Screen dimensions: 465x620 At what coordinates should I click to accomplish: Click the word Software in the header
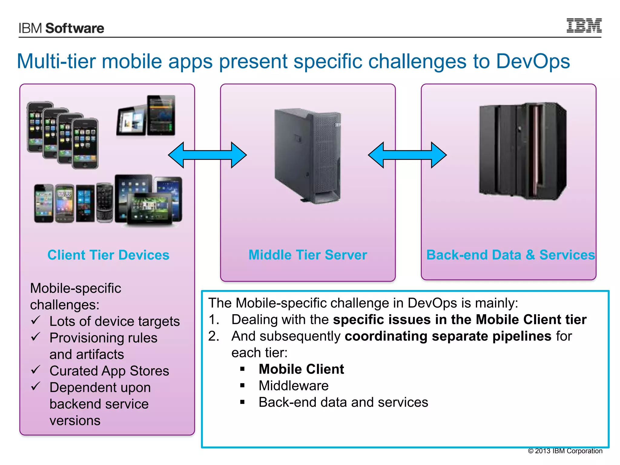pos(74,28)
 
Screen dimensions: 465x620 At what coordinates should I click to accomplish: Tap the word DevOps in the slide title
pos(533,61)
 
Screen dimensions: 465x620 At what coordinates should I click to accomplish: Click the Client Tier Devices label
pos(108,255)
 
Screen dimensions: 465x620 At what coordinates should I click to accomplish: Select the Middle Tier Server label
pos(308,255)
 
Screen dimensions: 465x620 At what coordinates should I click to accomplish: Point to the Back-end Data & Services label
pos(510,255)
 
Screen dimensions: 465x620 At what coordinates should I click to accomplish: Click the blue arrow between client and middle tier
pos(207,155)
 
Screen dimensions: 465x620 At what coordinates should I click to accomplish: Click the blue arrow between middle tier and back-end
pos(407,155)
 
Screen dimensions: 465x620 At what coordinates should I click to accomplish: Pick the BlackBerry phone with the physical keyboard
pos(105,202)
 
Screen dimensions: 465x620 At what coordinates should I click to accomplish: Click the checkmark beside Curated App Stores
pos(36,370)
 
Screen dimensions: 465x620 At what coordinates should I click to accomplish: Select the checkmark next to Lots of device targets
pos(36,320)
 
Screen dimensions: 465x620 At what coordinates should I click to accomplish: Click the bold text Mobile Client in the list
pos(301,369)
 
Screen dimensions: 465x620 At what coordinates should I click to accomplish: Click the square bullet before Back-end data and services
pos(242,402)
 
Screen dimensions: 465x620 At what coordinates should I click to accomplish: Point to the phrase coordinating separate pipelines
pos(448,336)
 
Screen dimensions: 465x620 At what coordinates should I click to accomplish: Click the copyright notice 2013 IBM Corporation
pos(565,451)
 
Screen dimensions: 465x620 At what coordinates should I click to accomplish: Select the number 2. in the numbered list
pos(214,336)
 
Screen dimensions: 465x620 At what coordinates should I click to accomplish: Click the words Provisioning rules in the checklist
pos(103,338)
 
